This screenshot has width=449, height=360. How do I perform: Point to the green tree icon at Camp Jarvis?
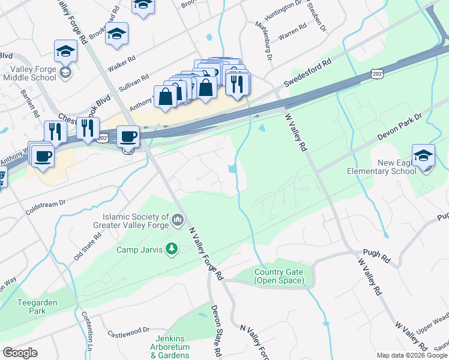click(172, 248)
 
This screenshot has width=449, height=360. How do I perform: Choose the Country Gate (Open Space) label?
click(279, 276)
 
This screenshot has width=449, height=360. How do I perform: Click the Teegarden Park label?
click(37, 307)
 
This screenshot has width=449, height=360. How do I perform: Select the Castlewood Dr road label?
click(128, 331)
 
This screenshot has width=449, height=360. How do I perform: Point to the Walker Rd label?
click(122, 61)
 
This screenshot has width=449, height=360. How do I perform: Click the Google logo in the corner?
click(20, 353)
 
